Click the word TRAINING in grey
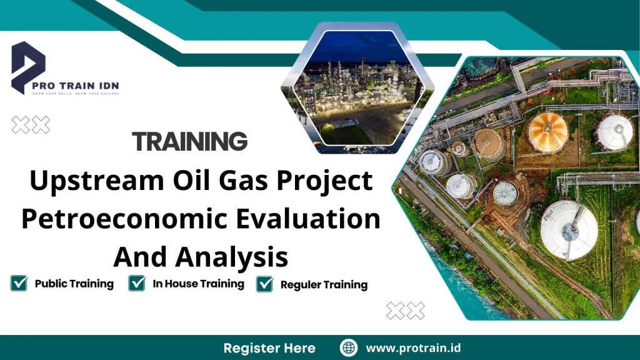tap(190, 142)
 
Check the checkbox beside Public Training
tap(19, 284)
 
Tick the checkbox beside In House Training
tap(137, 284)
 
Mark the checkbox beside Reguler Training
tap(265, 284)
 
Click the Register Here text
tap(269, 348)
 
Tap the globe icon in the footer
tap(348, 348)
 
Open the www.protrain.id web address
tap(413, 348)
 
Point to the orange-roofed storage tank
tap(547, 132)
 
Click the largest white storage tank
tap(569, 229)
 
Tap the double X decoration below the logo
tap(31, 126)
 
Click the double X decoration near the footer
tap(406, 311)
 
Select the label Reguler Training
tap(324, 285)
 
